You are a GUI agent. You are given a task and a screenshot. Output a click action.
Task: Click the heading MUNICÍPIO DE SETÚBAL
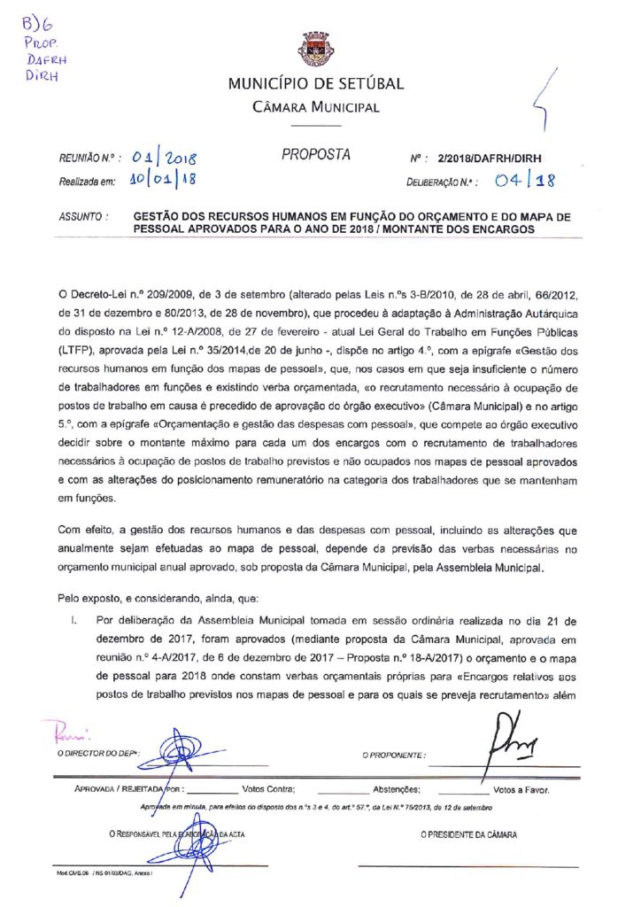[x=316, y=85]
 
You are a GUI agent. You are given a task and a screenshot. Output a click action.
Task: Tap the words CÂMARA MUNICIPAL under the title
[x=316, y=108]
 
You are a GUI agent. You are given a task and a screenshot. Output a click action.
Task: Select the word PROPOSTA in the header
[x=316, y=155]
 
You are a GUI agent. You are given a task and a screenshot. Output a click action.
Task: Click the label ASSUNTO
[x=84, y=215]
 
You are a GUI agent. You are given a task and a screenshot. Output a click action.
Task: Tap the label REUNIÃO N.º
[x=89, y=160]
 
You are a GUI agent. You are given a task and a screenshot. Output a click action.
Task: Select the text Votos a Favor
[x=521, y=788]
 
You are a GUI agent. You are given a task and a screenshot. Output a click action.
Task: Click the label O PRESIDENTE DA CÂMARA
[x=469, y=834]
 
